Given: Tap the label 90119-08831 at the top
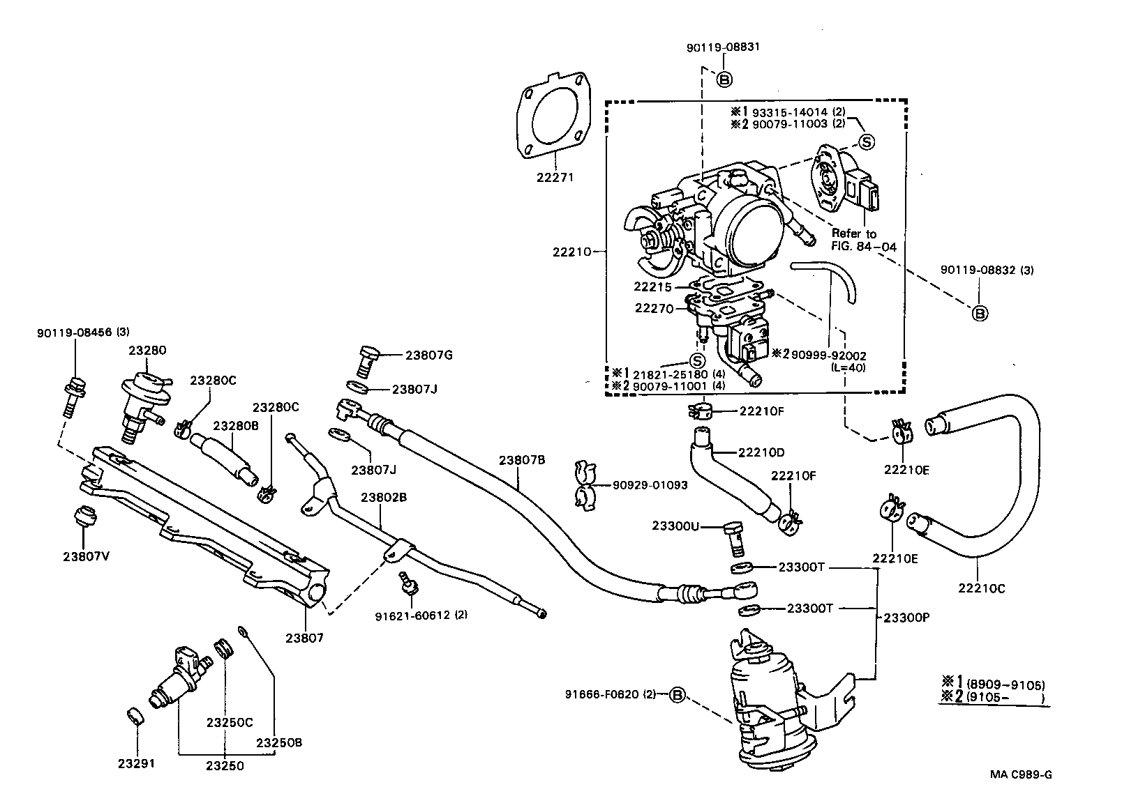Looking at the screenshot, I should pos(722,47).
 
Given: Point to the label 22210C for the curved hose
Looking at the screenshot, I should pos(981,588).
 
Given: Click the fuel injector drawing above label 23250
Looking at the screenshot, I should pos(179,675).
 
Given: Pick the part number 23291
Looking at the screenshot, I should pos(136,763).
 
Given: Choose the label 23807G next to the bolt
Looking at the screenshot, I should pos(429,355).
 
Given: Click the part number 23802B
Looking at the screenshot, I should pos(383,497).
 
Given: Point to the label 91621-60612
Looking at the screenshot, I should pos(412,615).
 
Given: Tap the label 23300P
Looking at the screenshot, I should pos(909,617).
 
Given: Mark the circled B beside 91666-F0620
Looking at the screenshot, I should pos(677,694).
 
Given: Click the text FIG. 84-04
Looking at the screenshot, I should pos(863,246).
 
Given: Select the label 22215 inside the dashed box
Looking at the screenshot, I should pos(652,286).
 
